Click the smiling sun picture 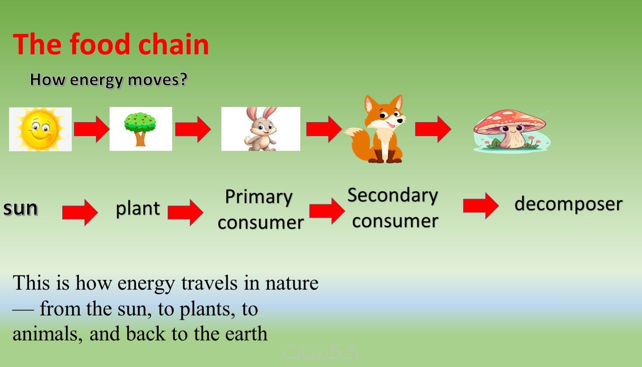(40, 129)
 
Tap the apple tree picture (141, 129)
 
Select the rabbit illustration (261, 129)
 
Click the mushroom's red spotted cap (510, 121)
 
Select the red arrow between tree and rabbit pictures (193, 129)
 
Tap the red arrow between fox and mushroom (433, 129)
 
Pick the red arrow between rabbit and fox (324, 129)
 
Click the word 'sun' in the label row (21, 208)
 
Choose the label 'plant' (138, 209)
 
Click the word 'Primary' (259, 197)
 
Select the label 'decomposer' (569, 204)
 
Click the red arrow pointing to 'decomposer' (481, 206)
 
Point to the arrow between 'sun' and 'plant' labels (80, 213)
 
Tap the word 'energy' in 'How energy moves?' (96, 80)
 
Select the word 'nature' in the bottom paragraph (292, 283)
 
